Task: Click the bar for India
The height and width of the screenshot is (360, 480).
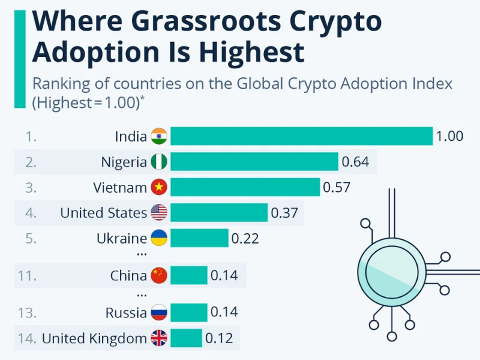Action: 301,136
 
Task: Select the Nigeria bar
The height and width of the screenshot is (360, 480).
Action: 254,162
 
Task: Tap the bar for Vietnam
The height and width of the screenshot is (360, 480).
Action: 245,187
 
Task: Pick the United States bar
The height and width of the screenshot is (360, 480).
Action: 219,212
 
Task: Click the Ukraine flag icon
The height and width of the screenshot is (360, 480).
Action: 159,238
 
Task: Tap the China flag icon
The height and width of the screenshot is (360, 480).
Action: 159,275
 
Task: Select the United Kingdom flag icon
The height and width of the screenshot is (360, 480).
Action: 159,338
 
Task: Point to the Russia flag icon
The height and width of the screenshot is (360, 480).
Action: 159,313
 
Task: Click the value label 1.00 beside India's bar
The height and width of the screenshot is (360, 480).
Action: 449,136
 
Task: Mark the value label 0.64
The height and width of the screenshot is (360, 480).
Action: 355,162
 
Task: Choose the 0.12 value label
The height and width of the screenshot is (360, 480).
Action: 219,338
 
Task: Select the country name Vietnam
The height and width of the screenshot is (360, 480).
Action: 120,187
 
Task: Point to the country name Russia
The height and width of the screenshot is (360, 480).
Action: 126,313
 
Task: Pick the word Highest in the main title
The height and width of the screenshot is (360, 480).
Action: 253,52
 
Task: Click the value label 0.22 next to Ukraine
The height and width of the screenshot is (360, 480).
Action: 245,238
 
